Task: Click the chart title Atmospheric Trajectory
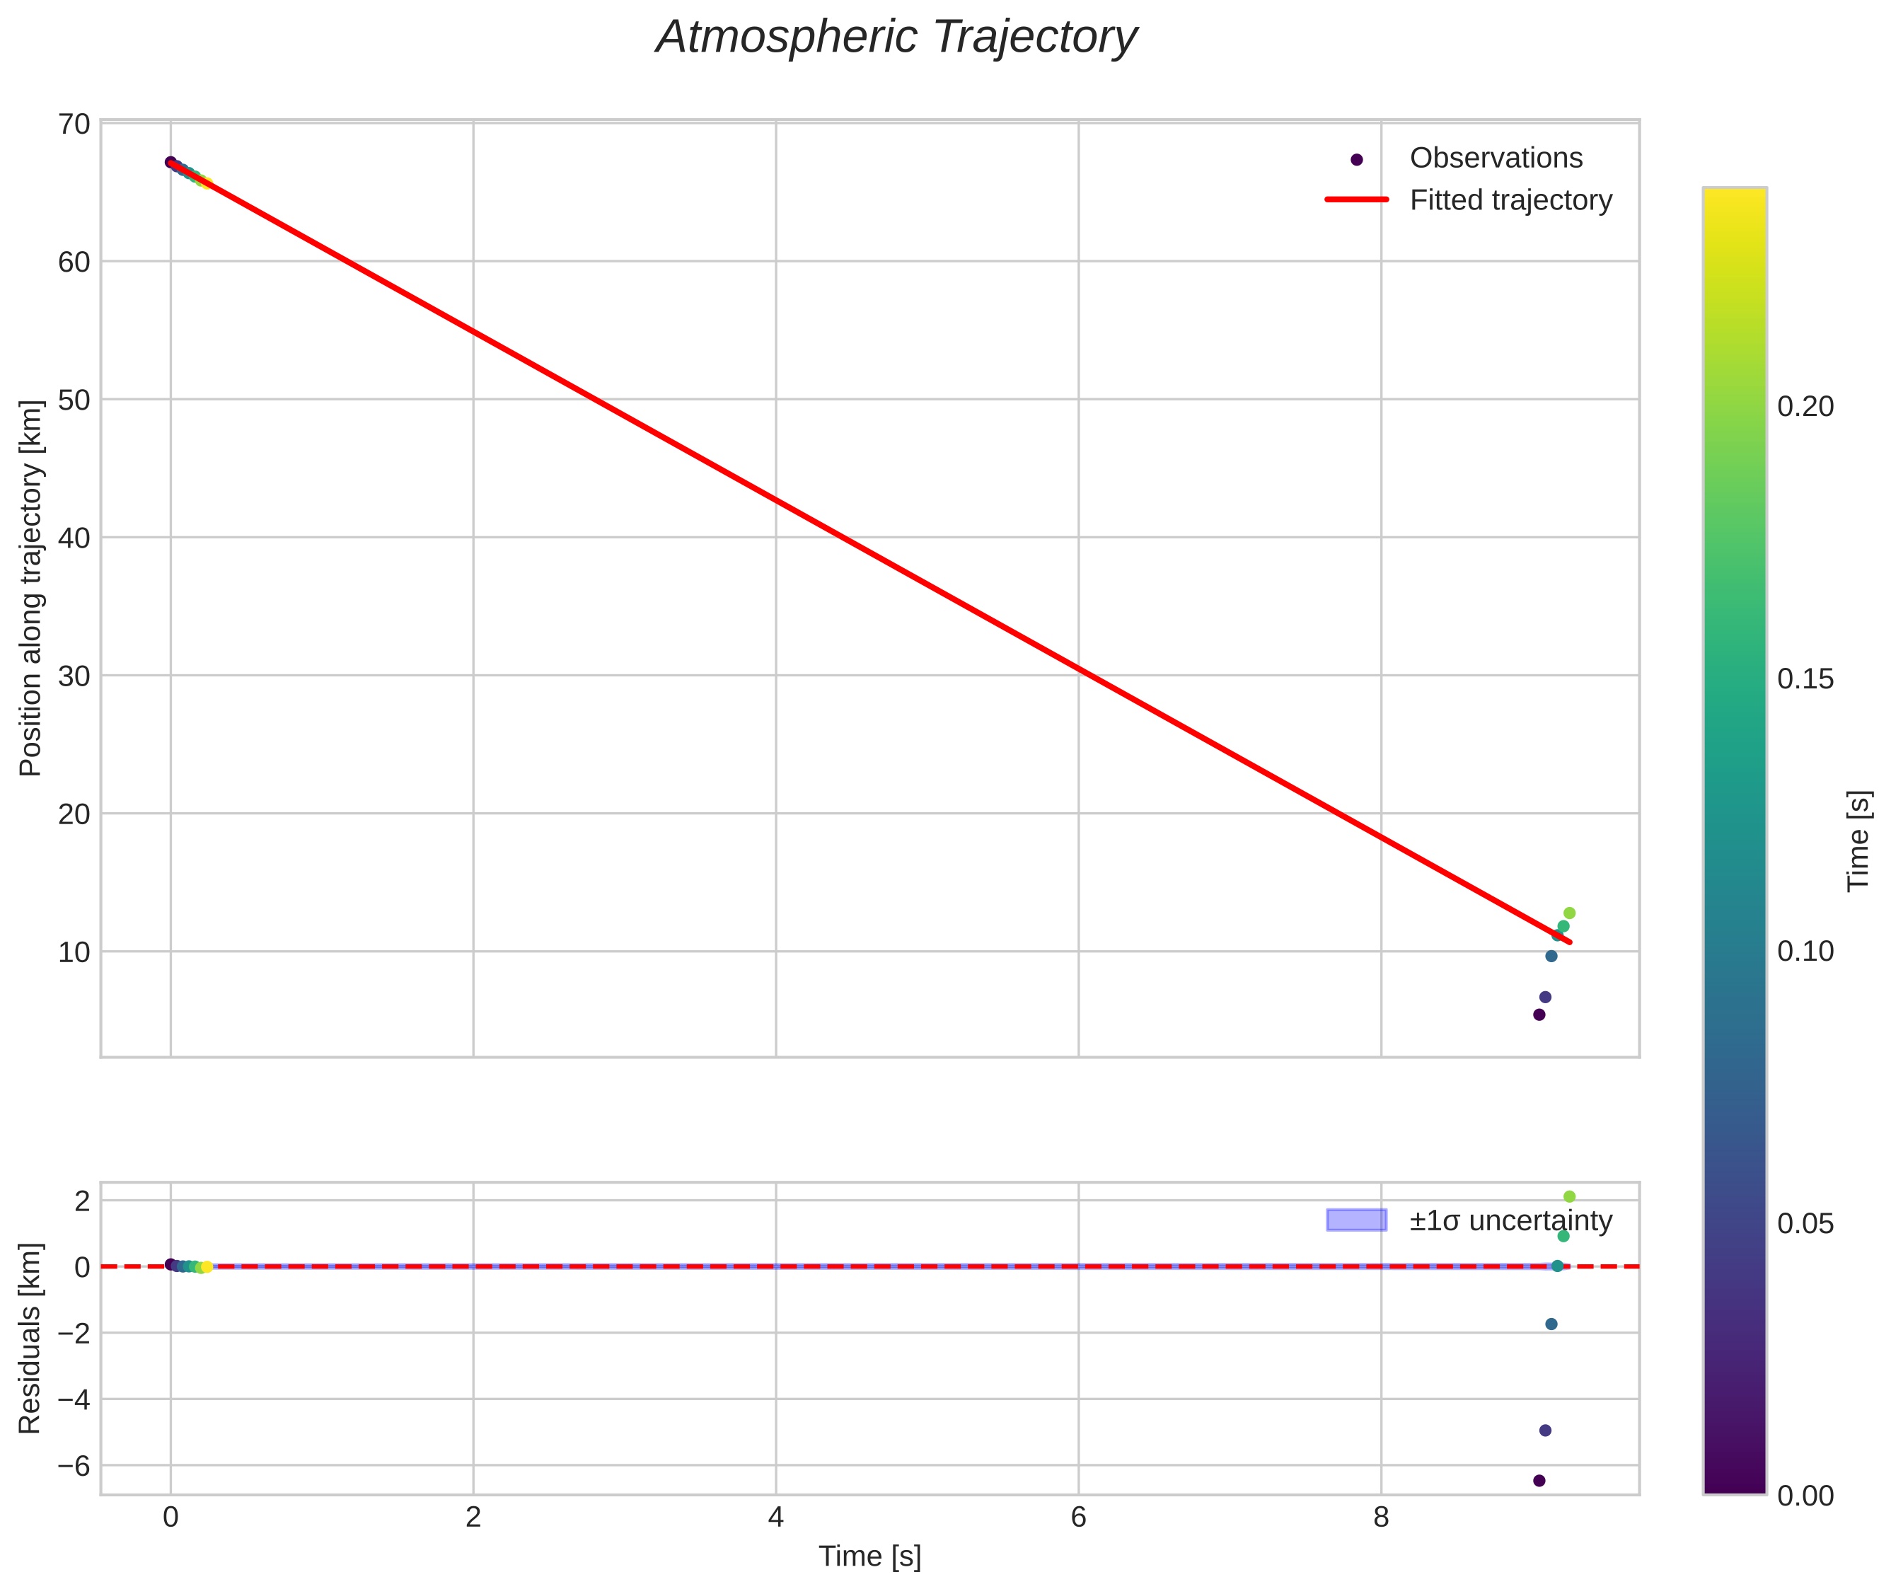(x=896, y=37)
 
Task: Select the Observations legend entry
(x=1495, y=158)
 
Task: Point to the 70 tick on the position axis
(x=74, y=123)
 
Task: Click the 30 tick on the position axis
(x=74, y=676)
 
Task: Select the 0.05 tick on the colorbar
(x=1805, y=1224)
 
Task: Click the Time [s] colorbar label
(x=1858, y=840)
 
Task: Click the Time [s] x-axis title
(x=869, y=1556)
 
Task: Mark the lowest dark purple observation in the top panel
(x=1539, y=1015)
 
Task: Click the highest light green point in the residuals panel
(x=1569, y=1197)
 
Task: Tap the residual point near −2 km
(x=1551, y=1324)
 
